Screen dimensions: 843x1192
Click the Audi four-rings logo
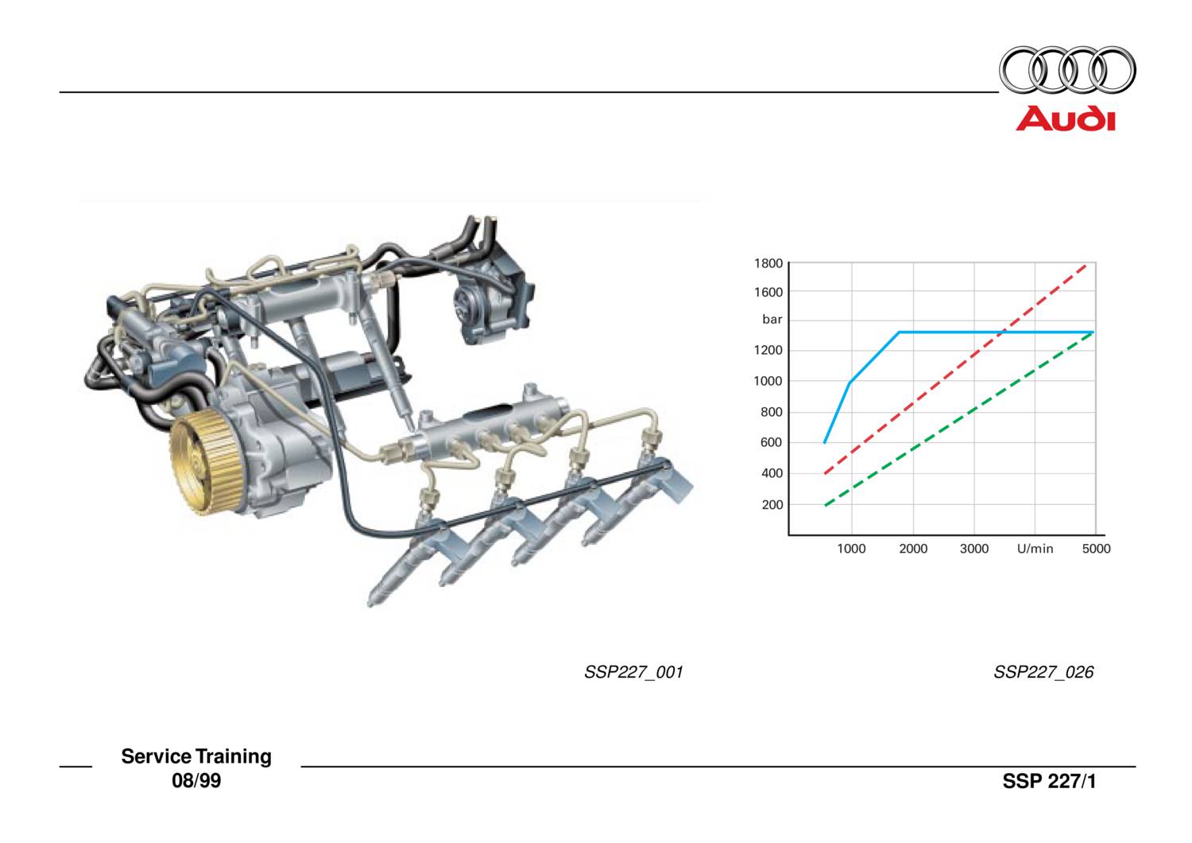pyautogui.click(x=1066, y=71)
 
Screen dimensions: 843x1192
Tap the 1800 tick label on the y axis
pyautogui.click(x=768, y=263)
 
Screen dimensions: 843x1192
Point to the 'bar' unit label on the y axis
pyautogui.click(x=772, y=320)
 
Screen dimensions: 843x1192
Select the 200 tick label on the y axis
pyautogui.click(x=772, y=505)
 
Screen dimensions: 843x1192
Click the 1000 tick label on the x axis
pyautogui.click(x=851, y=549)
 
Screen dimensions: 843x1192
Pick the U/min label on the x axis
pyautogui.click(x=1035, y=549)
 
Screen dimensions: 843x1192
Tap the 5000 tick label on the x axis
pyautogui.click(x=1096, y=549)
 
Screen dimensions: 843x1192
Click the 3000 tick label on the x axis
pyautogui.click(x=973, y=549)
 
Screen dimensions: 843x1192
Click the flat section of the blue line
pyautogui.click(x=993, y=332)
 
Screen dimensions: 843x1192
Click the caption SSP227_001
pyautogui.click(x=633, y=672)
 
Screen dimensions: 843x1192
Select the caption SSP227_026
pyautogui.click(x=1043, y=672)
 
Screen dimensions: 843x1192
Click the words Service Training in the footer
pyautogui.click(x=196, y=756)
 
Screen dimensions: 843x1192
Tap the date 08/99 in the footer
pyautogui.click(x=196, y=781)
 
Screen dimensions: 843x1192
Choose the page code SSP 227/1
pyautogui.click(x=1049, y=781)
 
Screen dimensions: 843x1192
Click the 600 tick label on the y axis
pyautogui.click(x=772, y=443)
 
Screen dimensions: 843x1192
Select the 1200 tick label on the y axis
pyautogui.click(x=768, y=351)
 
